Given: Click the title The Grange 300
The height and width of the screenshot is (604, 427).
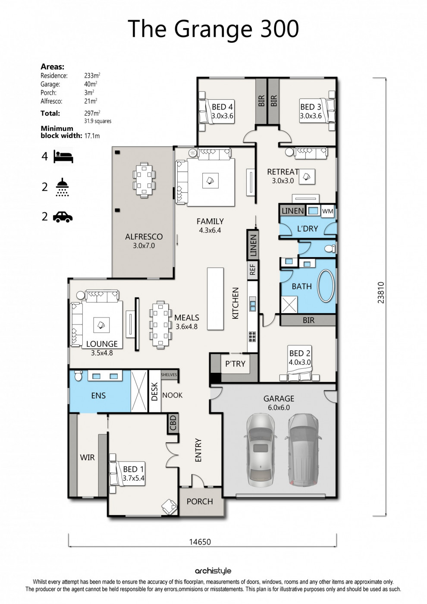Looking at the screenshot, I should coord(213,29).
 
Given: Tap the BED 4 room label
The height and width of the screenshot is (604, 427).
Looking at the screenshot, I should coord(222,107).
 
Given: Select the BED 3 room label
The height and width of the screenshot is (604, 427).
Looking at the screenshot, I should coord(311,107).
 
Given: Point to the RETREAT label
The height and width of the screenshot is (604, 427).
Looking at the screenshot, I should coord(283,172).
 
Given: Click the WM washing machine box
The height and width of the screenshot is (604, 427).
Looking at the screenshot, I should coord(328,211).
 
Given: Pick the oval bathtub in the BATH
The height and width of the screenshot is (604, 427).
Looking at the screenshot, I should coord(326,286).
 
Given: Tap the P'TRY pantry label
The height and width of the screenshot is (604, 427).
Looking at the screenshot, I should coord(235,364).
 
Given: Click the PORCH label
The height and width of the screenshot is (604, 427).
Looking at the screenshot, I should coord(200,501).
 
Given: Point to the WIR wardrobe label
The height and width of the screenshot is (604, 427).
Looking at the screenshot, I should coord(87,457).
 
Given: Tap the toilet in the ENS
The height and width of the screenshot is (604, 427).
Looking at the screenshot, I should coord(78,375).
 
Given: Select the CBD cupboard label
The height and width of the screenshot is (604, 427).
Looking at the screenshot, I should coord(173,423).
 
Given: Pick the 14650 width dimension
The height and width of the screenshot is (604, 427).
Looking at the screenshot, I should coord(200,542).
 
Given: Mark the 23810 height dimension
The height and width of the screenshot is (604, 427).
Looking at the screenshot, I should coord(381,293).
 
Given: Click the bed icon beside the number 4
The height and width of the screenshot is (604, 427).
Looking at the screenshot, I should coord(63,156).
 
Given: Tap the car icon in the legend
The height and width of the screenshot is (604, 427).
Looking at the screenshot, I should coord(63,217).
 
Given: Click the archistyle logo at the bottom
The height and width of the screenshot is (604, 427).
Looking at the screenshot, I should coord(213,571).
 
